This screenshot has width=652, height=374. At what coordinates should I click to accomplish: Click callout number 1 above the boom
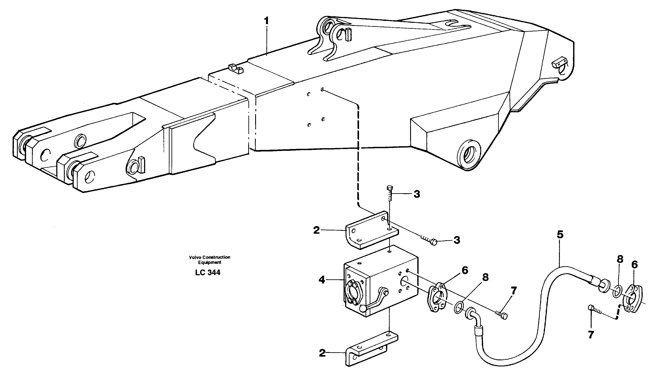pyautogui.click(x=267, y=21)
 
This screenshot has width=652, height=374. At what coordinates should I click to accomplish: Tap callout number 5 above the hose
pyautogui.click(x=560, y=235)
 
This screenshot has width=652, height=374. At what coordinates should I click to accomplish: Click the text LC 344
pyautogui.click(x=208, y=273)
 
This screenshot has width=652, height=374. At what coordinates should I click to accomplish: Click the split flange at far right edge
pyautogui.click(x=633, y=299)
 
